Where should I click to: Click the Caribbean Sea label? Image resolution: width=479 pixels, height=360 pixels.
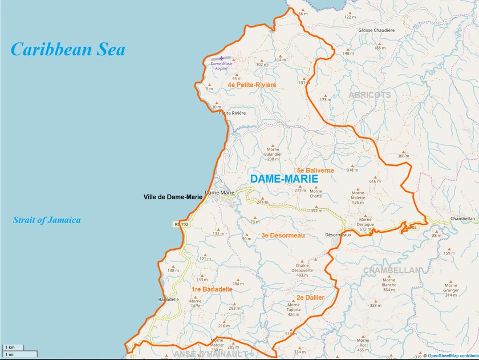pyautogui.click(x=68, y=50)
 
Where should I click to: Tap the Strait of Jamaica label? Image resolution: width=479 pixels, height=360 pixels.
pyautogui.click(x=47, y=220)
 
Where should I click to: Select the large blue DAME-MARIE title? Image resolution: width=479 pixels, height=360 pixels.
pyautogui.click(x=284, y=179)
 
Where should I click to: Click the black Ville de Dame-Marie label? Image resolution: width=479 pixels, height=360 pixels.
pyautogui.click(x=173, y=197)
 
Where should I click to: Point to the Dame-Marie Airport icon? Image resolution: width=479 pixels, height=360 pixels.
pyautogui.click(x=222, y=58)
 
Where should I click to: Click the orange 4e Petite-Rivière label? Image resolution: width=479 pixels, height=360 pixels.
pyautogui.click(x=251, y=85)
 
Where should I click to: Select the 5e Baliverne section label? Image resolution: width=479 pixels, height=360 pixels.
pyautogui.click(x=315, y=171)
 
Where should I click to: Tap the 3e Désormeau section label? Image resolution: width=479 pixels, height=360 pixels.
pyautogui.click(x=283, y=235)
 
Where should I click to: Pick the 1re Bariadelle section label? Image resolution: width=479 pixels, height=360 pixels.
pyautogui.click(x=212, y=289)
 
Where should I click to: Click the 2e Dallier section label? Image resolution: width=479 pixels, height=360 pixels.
pyautogui.click(x=310, y=298)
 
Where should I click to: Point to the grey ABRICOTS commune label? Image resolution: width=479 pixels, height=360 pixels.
pyautogui.click(x=370, y=95)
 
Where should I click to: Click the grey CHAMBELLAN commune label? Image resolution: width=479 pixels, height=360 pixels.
pyautogui.click(x=392, y=270)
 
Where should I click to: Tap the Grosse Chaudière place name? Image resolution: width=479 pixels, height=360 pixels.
pyautogui.click(x=376, y=30)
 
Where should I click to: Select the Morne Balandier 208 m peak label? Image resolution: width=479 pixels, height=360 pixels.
pyautogui.click(x=274, y=154)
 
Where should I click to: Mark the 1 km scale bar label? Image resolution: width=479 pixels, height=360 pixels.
pyautogui.click(x=10, y=347)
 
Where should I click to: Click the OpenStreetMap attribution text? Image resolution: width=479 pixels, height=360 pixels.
pyautogui.click(x=453, y=355)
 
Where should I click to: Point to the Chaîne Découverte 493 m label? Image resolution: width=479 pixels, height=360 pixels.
pyautogui.click(x=302, y=270)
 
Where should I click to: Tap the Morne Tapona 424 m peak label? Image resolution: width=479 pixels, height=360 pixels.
pyautogui.click(x=294, y=309)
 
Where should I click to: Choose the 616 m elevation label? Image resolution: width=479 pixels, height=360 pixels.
pyautogui.click(x=375, y=181)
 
